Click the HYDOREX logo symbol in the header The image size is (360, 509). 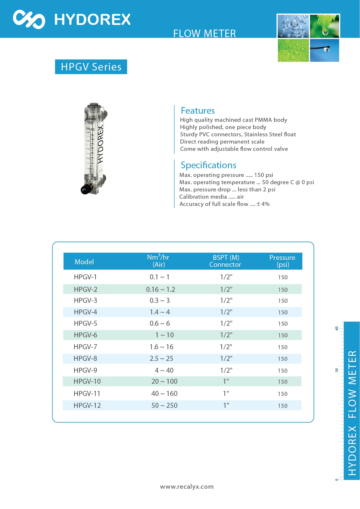[x=29, y=19]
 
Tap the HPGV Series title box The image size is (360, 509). [x=91, y=67]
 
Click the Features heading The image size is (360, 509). [x=198, y=111]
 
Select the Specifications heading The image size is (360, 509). [x=208, y=165]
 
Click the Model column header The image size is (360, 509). [x=84, y=262]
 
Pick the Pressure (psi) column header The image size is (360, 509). [x=282, y=261]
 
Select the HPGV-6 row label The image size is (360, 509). [x=86, y=335]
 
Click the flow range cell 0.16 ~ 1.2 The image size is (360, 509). [x=160, y=289]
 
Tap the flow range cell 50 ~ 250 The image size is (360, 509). [x=164, y=405]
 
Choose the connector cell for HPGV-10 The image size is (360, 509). [x=226, y=381]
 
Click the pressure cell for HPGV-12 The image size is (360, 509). [x=283, y=406]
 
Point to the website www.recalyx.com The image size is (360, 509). [x=187, y=487]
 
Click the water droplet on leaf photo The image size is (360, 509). [x=324, y=26]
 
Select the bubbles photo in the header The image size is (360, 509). [x=293, y=26]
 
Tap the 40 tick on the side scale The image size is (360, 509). [x=337, y=328]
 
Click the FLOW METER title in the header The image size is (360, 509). [x=205, y=34]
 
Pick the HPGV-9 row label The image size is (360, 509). [x=85, y=370]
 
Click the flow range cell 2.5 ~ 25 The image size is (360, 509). [x=161, y=358]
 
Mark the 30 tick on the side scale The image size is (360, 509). [x=337, y=370]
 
